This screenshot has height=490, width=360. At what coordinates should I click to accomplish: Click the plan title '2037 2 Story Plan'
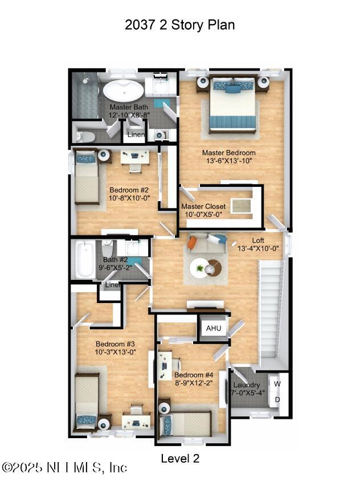pos(179,25)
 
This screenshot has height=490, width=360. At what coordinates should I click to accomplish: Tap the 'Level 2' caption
pos(180,458)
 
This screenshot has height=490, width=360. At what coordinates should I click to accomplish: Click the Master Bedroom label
pos(229,153)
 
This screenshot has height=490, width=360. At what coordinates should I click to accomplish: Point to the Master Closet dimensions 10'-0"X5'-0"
pos(204,215)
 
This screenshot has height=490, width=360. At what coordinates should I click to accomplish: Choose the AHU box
pos(213,329)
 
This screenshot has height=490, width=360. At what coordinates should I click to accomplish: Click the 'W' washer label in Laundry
pos(277,383)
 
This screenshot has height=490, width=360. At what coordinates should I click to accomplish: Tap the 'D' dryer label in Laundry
pos(277,399)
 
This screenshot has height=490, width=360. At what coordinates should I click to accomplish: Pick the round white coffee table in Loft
pos(200,268)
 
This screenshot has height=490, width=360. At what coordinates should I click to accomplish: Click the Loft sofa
pos(207,243)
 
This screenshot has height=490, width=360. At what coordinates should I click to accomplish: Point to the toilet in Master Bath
pos(85,136)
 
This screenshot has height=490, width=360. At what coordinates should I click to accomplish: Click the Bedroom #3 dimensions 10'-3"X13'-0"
pos(115,352)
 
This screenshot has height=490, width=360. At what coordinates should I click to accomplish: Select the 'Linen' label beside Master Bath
pos(136,135)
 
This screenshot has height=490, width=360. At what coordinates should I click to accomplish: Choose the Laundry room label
pos(247,385)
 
